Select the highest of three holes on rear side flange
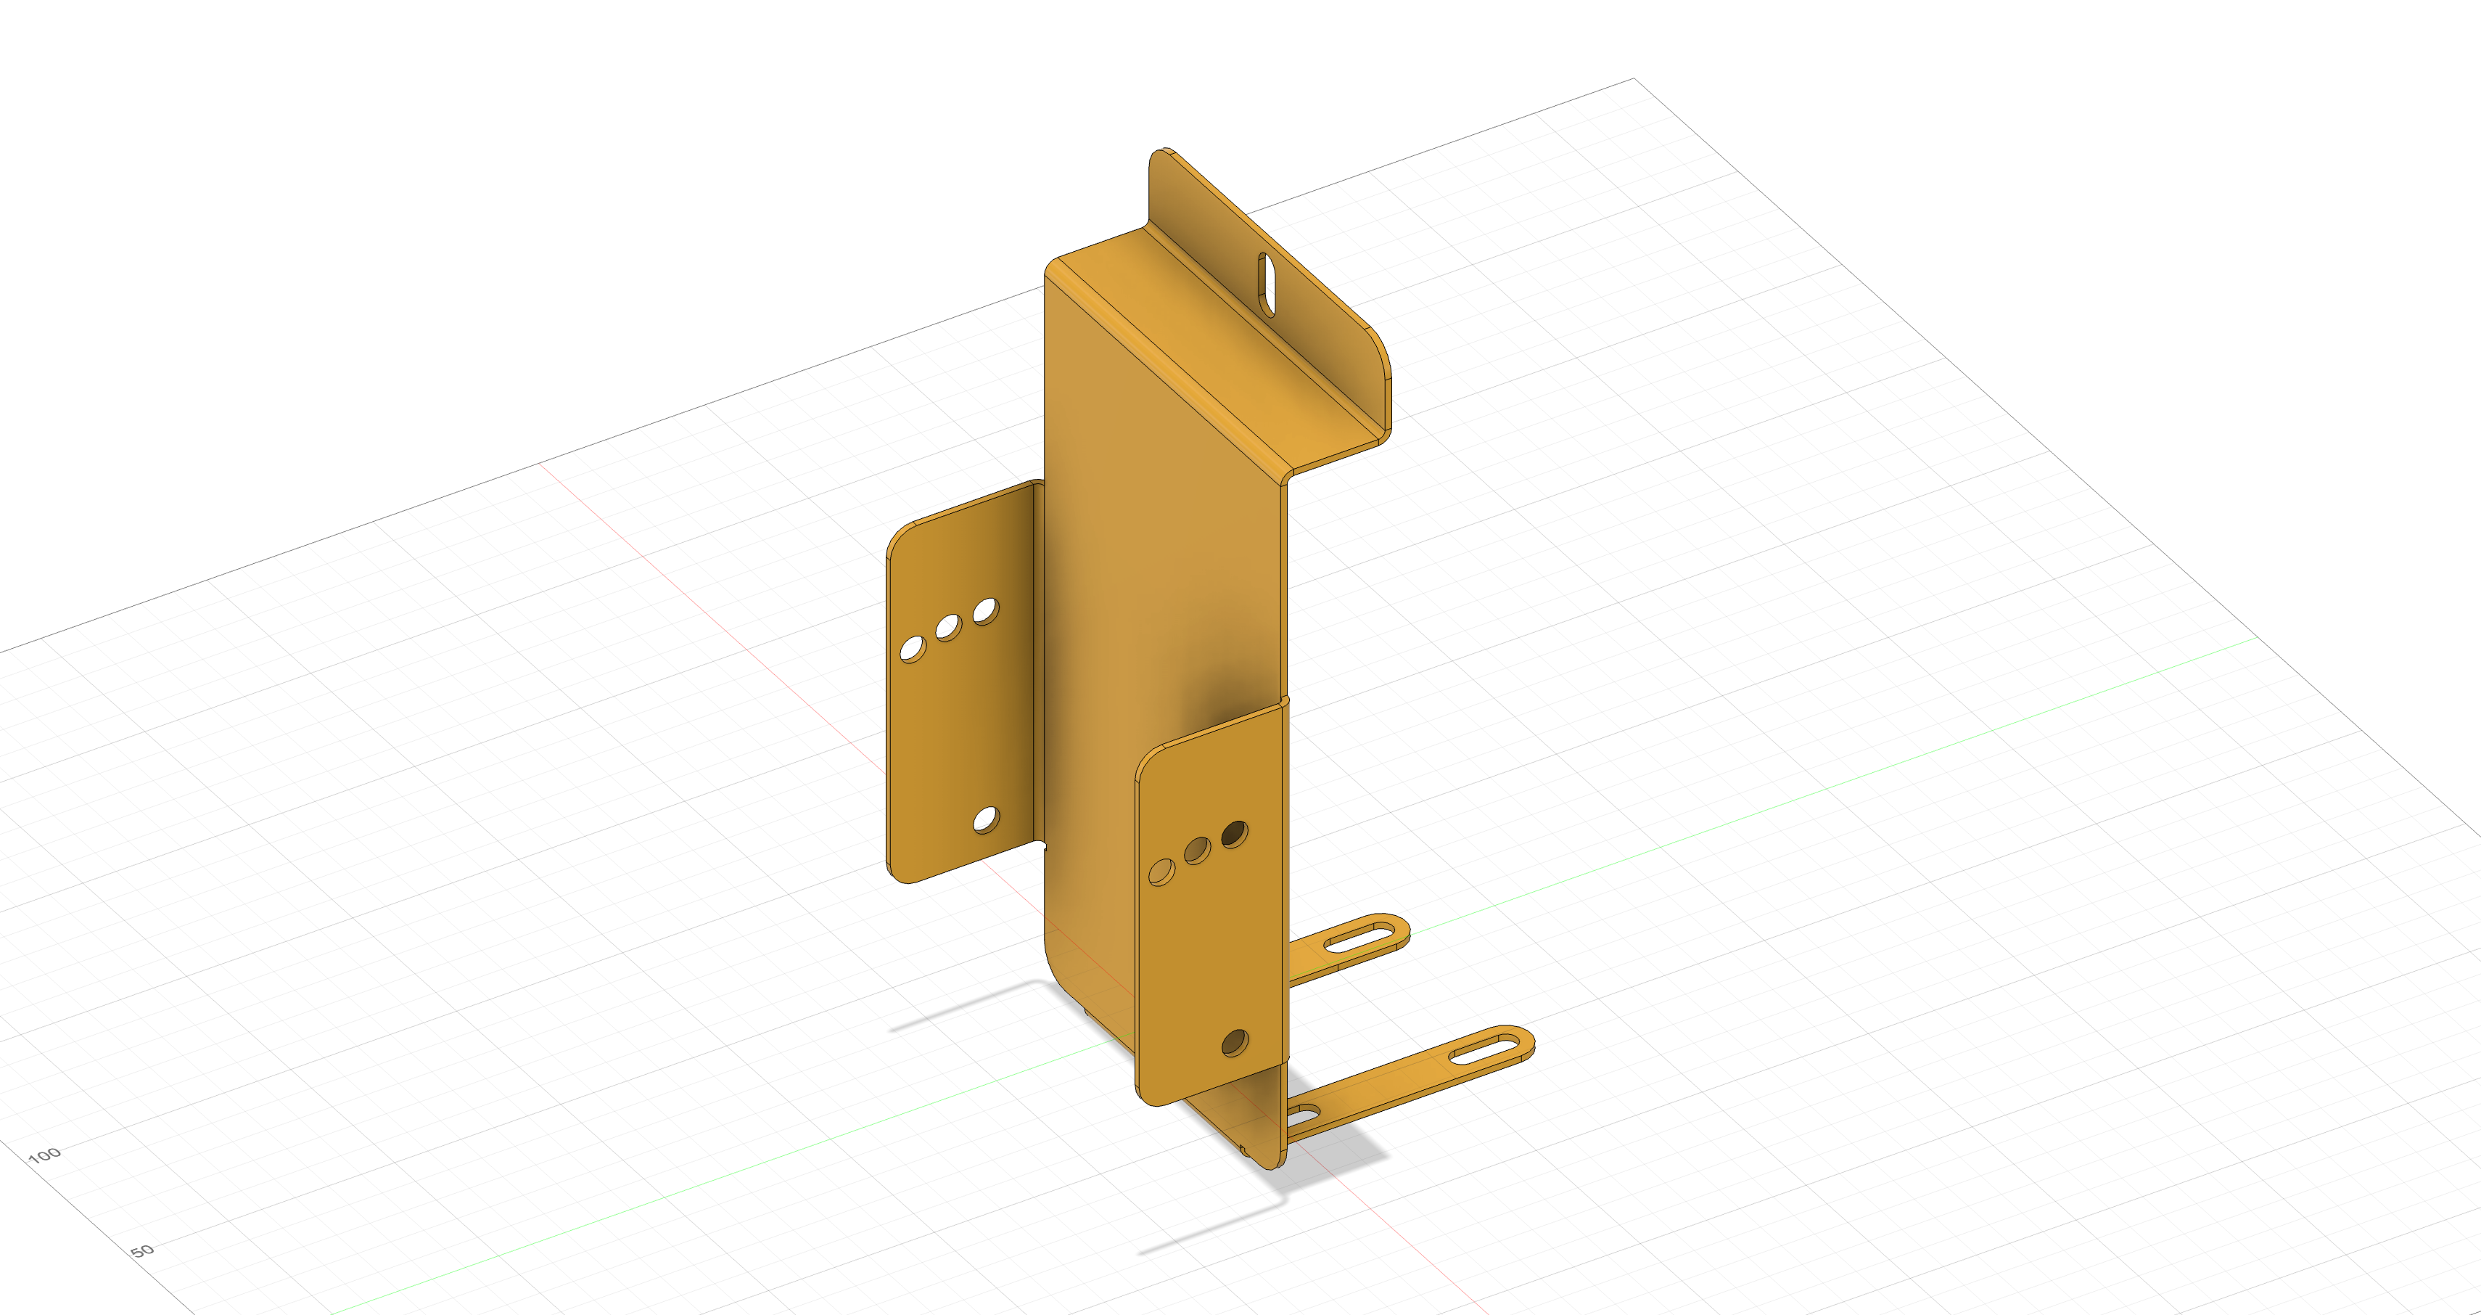click(985, 611)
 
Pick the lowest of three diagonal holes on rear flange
click(912, 648)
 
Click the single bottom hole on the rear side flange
click(985, 820)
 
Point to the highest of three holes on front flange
click(1235, 835)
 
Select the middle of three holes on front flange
click(1197, 851)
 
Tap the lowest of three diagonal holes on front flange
click(1162, 873)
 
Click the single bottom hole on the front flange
click(1235, 1042)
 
